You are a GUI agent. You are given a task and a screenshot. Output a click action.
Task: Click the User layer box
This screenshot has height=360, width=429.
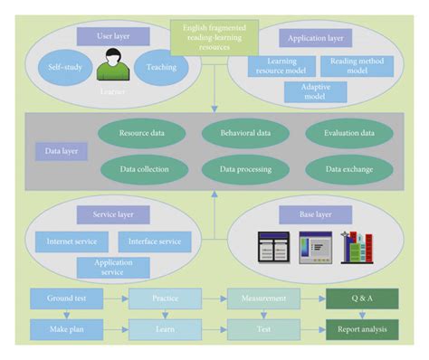(x=118, y=37)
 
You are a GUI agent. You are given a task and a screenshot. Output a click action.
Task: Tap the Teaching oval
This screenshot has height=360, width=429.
(x=161, y=68)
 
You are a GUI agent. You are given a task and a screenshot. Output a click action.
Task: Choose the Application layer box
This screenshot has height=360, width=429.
(x=315, y=38)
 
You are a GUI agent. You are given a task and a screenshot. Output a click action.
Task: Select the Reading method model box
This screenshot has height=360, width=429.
(x=357, y=66)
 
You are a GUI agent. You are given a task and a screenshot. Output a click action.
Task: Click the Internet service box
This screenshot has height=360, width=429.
(x=71, y=242)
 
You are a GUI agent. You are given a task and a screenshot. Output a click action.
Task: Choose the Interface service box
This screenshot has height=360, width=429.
(x=155, y=242)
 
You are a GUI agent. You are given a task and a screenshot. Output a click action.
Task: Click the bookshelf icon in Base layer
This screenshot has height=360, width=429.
(x=357, y=246)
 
